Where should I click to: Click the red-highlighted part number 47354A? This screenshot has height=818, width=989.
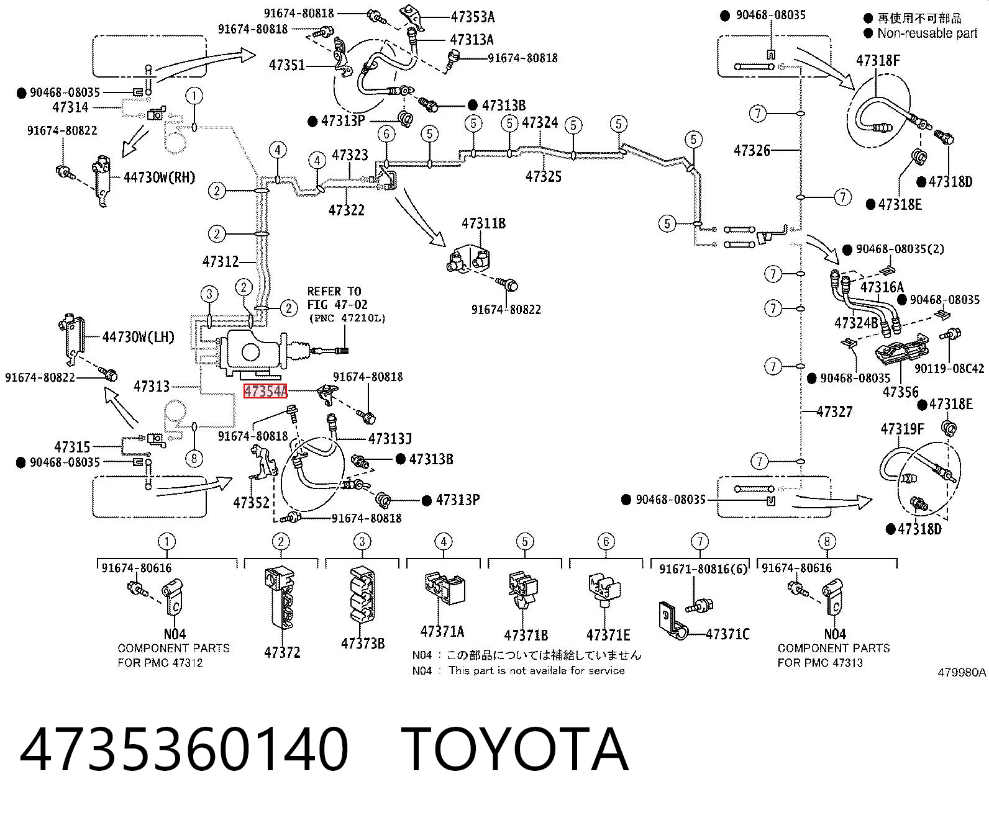[x=265, y=392]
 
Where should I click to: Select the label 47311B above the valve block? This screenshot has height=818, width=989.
[x=483, y=223]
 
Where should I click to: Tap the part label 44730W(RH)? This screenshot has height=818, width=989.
[x=159, y=178]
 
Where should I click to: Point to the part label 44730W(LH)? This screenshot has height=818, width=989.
[x=139, y=337]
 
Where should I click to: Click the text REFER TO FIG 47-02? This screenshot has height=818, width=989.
[x=337, y=298]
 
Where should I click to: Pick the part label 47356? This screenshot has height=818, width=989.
[x=900, y=392]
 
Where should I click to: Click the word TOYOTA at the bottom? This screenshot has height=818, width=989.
[x=515, y=751]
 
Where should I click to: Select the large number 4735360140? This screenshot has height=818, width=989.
[x=184, y=751]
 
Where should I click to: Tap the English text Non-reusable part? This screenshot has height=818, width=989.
[x=927, y=33]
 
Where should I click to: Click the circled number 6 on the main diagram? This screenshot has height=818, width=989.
[x=386, y=135]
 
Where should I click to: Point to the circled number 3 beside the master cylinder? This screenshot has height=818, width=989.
[x=209, y=294]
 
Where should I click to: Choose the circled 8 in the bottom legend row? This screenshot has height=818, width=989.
[x=827, y=542]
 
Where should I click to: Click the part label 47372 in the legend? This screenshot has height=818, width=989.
[x=282, y=653]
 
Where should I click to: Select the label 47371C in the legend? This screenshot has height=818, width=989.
[x=727, y=634]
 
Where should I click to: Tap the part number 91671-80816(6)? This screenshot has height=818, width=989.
[x=703, y=569]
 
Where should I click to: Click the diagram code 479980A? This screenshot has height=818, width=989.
[x=962, y=673]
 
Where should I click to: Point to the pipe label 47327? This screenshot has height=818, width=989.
[x=834, y=412]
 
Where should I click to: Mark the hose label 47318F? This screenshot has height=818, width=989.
[x=878, y=61]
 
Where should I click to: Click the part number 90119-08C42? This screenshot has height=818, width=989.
[x=949, y=368]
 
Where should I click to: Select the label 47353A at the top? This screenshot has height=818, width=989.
[x=473, y=17]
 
